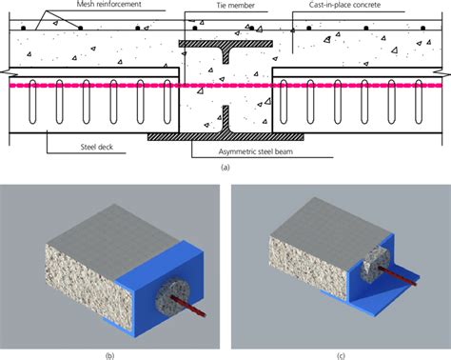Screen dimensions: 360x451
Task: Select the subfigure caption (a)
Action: coord(225,167)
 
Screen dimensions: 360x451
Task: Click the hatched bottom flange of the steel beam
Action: coord(225,137)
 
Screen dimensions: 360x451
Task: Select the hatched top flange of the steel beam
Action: coord(225,45)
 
